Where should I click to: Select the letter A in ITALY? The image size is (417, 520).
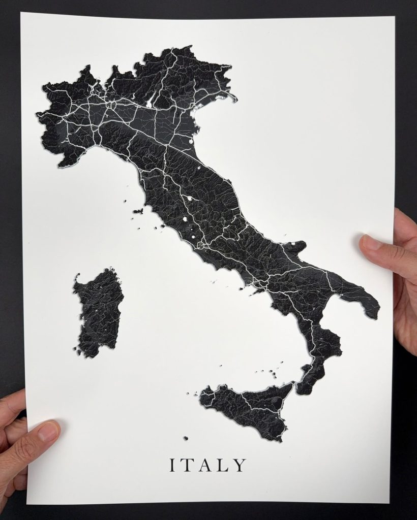pos(205,465)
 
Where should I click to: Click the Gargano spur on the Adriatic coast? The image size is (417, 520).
pos(297,247)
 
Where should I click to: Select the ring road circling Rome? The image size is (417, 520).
pos(201,245)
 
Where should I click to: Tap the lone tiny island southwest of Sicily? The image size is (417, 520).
pos(186,438)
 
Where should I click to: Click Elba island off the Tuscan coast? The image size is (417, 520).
pos(137,211)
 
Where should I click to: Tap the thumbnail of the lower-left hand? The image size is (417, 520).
pos(48,431)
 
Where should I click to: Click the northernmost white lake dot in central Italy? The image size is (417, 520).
pos(189,199)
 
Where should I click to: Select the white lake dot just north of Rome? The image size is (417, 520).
pos(194,236)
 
